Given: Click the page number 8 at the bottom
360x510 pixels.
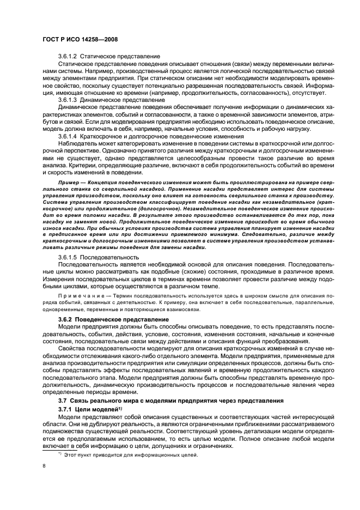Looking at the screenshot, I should tap(45, 466).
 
